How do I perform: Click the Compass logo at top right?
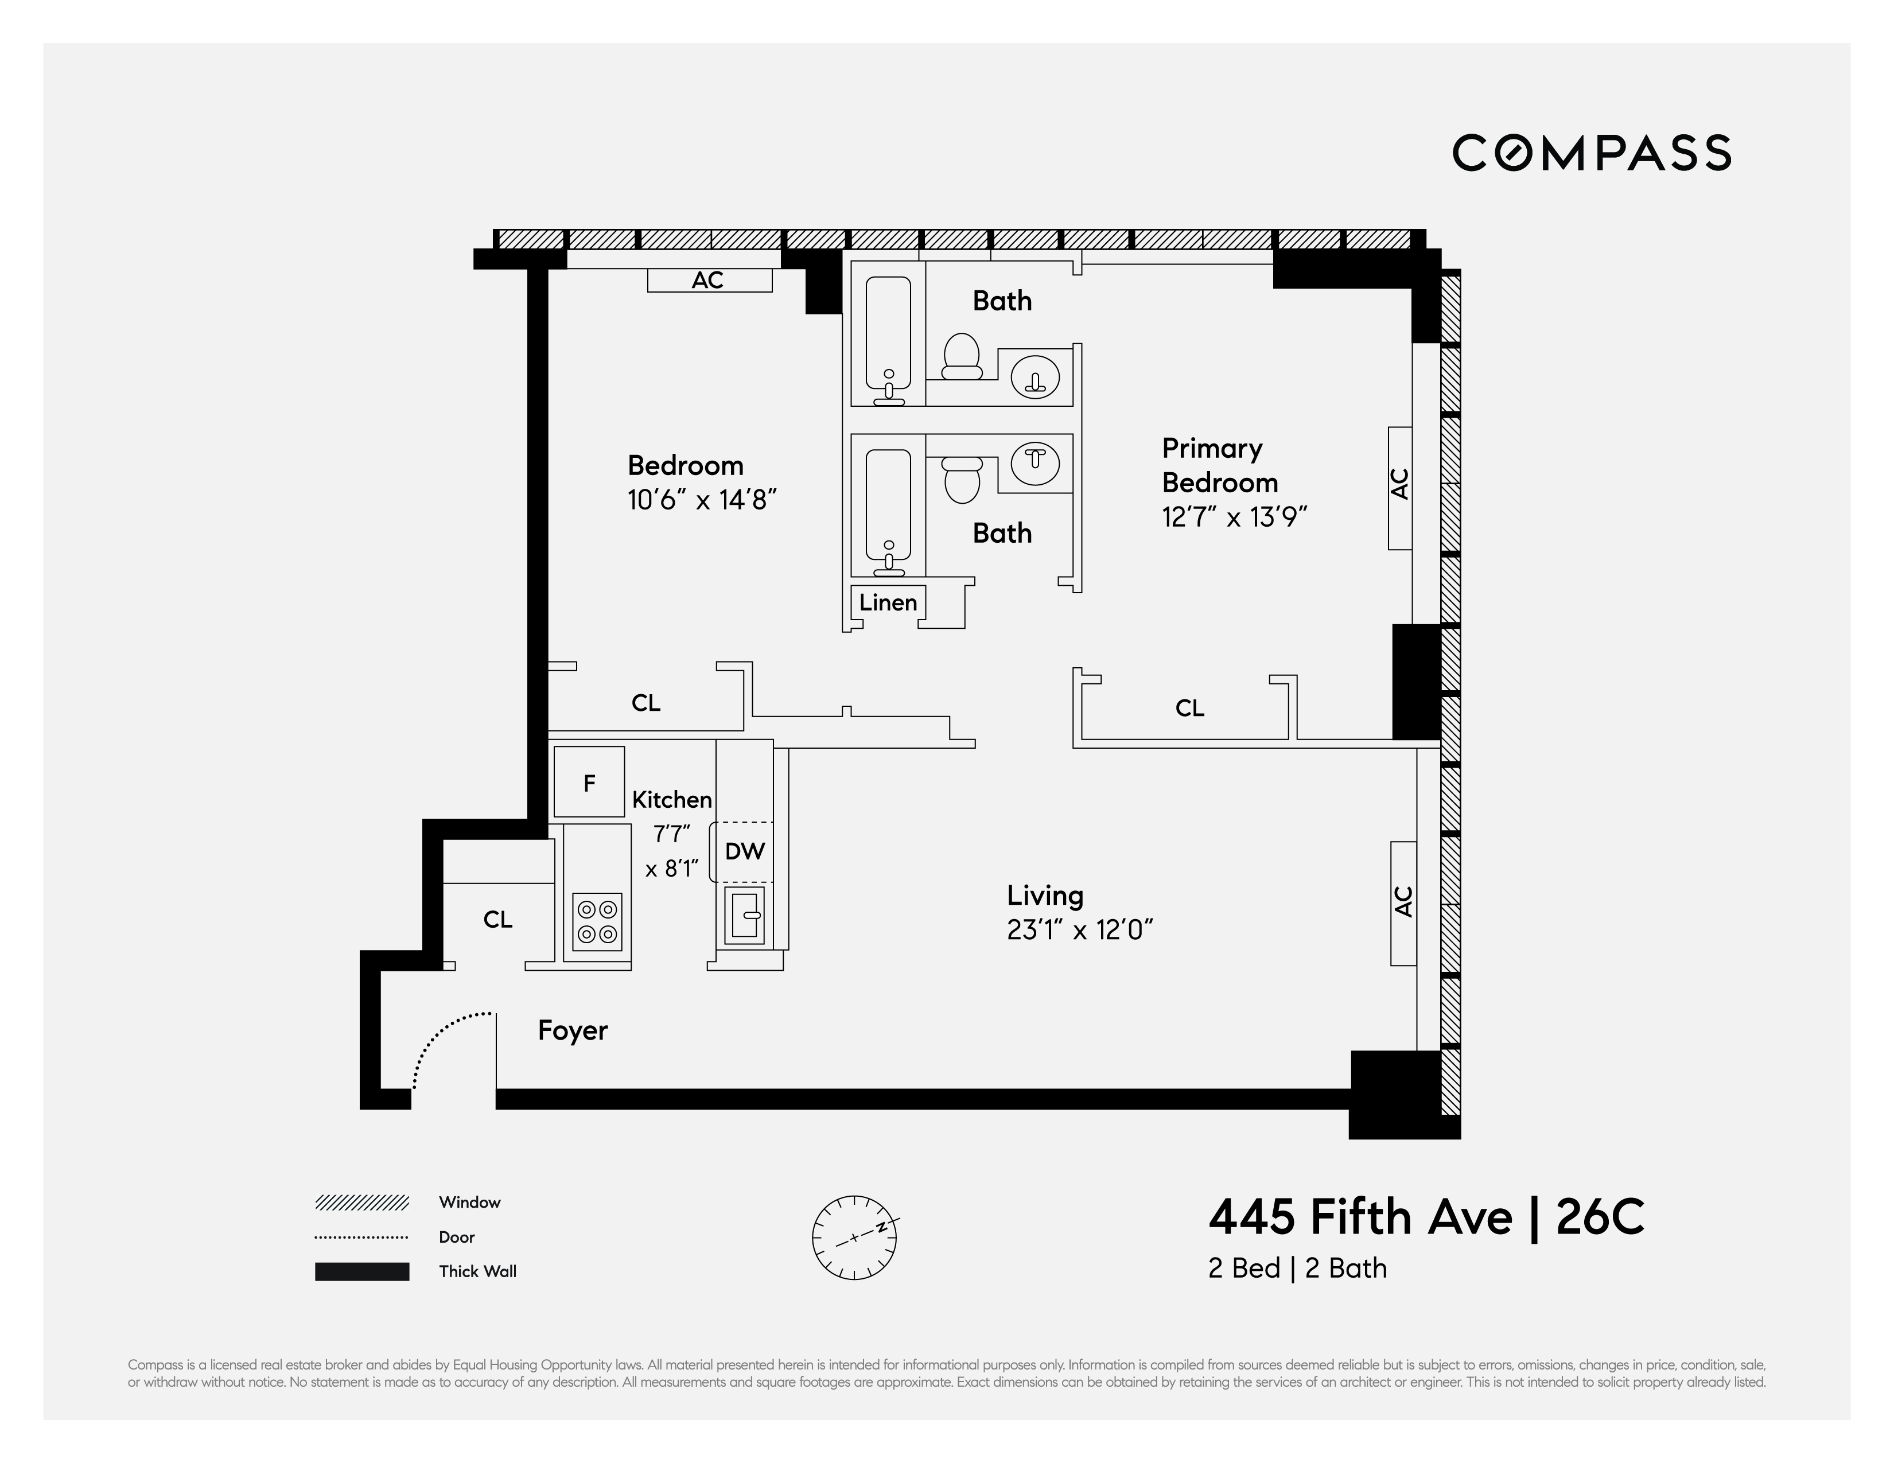[x=1592, y=153]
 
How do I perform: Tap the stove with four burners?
[x=597, y=922]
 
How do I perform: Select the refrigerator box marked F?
[x=589, y=782]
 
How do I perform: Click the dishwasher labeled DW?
[x=742, y=851]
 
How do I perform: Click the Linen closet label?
[x=888, y=603]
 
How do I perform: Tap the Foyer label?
[x=573, y=1030]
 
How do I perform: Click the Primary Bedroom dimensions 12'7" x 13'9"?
[x=1234, y=518]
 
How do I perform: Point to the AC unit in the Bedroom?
[x=709, y=280]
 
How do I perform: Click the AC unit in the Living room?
[x=1403, y=903]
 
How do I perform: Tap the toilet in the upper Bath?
[x=961, y=356]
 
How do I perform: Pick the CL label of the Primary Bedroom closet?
[x=1190, y=709]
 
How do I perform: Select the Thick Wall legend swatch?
[x=361, y=1271]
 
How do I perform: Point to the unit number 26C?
[x=1600, y=1217]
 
